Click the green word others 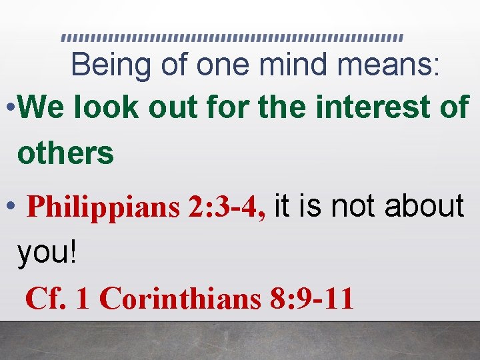[x=65, y=153]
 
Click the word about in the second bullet [x=423, y=206]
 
